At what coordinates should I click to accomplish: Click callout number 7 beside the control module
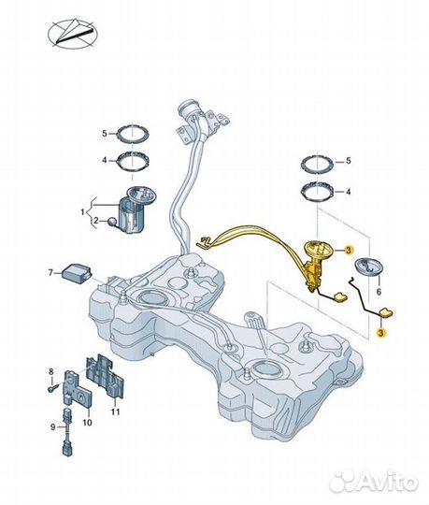(x=50, y=273)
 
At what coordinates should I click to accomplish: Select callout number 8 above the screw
(x=51, y=372)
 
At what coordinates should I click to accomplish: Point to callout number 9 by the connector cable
(x=53, y=427)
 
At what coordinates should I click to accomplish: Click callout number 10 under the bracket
(x=88, y=422)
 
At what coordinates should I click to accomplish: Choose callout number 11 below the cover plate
(x=115, y=411)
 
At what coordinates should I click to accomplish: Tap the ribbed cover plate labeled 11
(x=105, y=377)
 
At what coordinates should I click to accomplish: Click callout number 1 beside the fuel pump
(x=82, y=212)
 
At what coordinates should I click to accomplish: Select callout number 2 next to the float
(x=96, y=221)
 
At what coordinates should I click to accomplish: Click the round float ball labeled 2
(x=113, y=222)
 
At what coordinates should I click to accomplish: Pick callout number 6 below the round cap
(x=379, y=292)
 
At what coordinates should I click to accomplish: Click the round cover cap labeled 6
(x=369, y=266)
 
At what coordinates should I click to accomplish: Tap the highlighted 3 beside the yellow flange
(x=349, y=251)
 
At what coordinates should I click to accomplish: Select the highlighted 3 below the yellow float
(x=381, y=333)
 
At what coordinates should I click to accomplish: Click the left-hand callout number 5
(x=105, y=134)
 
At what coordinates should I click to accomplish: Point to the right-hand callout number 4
(x=349, y=192)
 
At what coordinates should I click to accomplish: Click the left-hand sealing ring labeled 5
(x=133, y=134)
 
